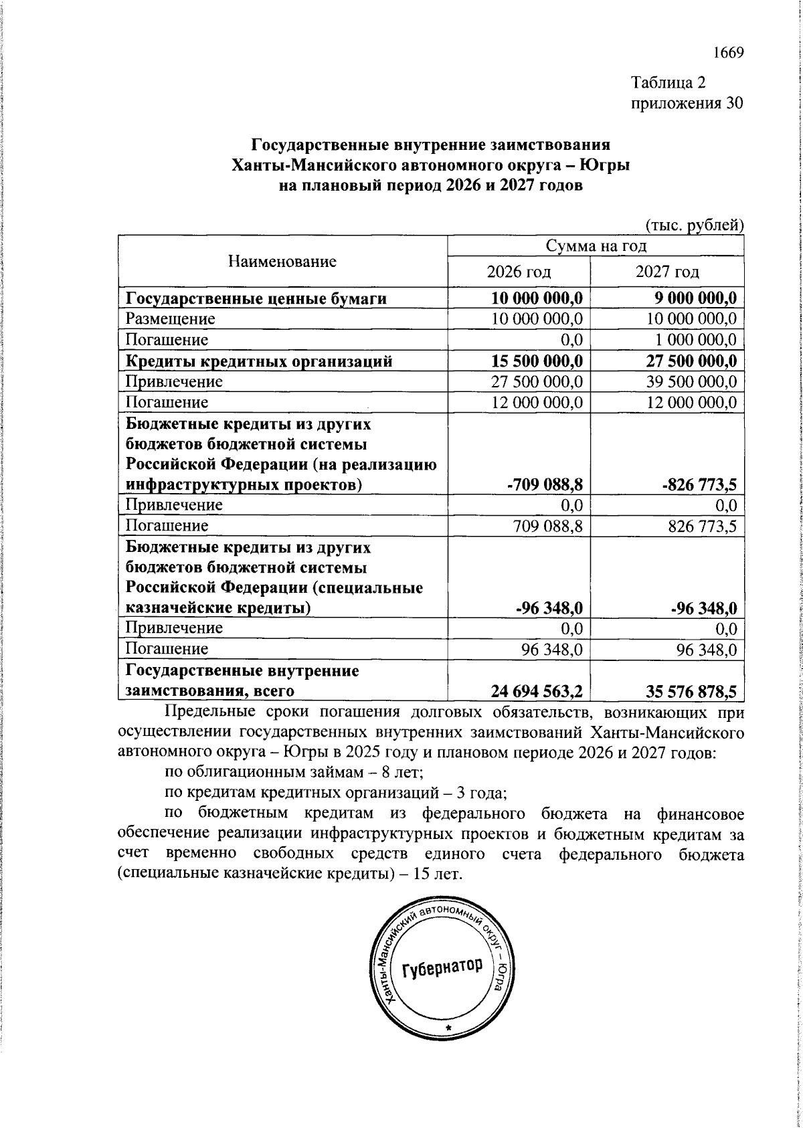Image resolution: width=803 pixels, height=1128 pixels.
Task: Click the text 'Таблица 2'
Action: click(668, 82)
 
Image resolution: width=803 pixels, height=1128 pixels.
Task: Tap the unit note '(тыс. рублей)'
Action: click(694, 225)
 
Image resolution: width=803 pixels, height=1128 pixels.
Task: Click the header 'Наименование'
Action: click(282, 261)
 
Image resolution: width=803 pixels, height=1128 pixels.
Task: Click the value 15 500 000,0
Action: click(537, 361)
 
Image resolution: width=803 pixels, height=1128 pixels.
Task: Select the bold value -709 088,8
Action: click(545, 484)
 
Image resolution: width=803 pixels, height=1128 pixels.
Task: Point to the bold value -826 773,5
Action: click(699, 484)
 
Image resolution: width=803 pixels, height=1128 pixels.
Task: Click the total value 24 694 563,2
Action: click(537, 690)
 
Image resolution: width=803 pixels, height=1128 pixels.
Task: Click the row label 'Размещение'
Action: click(171, 318)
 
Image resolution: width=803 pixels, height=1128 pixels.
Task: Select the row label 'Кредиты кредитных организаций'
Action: click(259, 361)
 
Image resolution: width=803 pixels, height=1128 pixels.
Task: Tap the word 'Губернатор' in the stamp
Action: click(442, 967)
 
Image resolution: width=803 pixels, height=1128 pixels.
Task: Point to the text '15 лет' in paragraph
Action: click(436, 874)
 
